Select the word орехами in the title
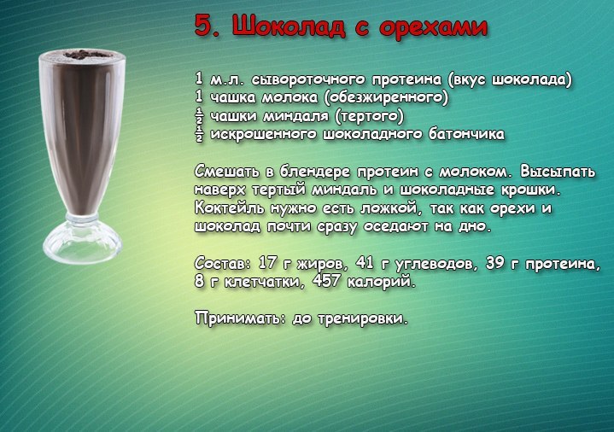pos(434,28)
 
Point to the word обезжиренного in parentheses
pos(386,97)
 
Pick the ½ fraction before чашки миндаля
pos(199,116)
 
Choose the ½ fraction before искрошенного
pos(199,134)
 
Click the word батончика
pos(467,134)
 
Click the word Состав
pos(222,264)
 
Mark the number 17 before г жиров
pos(268,263)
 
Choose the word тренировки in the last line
pos(363,318)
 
